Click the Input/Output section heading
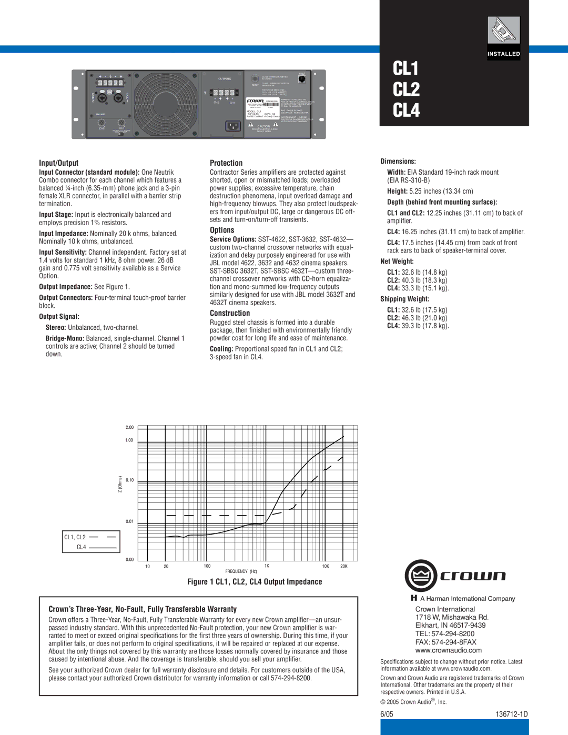click(58, 163)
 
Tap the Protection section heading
click(226, 163)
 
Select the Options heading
click(222, 230)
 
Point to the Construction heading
click(230, 313)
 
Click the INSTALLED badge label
click(503, 54)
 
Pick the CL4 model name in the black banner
click(406, 110)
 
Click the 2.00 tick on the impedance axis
click(129, 427)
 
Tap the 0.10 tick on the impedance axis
click(129, 480)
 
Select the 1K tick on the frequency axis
click(267, 566)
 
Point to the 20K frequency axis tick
click(343, 566)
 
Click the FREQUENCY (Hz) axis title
click(241, 571)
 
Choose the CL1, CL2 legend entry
click(75, 537)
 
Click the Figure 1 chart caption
click(255, 582)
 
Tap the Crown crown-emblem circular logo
click(421, 576)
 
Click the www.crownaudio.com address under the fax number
click(448, 650)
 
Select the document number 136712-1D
click(511, 714)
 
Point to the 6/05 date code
click(387, 714)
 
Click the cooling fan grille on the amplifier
click(166, 104)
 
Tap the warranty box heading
click(143, 609)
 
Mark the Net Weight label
click(397, 261)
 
